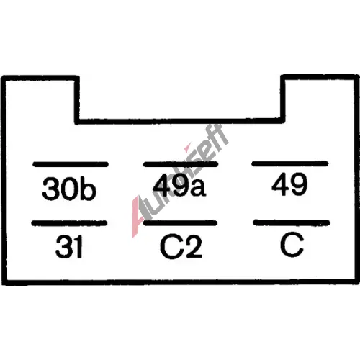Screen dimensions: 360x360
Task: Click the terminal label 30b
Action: click(69, 189)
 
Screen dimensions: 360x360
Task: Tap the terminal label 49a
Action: click(179, 184)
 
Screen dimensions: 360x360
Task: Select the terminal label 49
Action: click(289, 184)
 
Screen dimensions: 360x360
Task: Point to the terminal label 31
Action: click(69, 247)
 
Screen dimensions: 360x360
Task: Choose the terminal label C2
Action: click(181, 247)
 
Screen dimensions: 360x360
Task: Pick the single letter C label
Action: click(292, 244)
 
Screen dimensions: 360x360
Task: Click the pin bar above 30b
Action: click(71, 164)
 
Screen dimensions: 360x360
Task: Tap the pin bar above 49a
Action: click(181, 164)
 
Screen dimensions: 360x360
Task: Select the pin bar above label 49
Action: click(290, 163)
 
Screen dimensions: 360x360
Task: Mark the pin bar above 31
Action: click(69, 223)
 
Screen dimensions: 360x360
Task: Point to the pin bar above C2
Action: click(180, 222)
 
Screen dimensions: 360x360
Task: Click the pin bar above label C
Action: click(292, 222)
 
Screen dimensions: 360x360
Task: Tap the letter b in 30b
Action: click(89, 189)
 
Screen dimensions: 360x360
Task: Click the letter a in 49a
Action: click(197, 187)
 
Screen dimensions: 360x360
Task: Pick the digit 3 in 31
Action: click(63, 247)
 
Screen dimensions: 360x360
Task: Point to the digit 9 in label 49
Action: click(299, 184)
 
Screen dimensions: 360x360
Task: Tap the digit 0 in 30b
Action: click(70, 189)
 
